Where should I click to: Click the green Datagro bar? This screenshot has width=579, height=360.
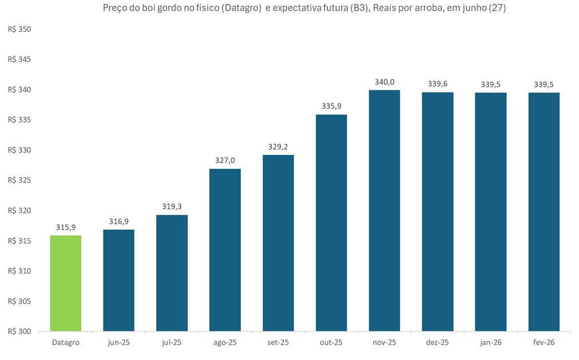point(66,283)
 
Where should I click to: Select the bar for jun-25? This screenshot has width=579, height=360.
point(118,280)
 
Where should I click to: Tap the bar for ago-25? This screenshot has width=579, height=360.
point(225,250)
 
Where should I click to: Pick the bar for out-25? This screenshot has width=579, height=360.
point(331,223)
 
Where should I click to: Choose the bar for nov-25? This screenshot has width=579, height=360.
point(384,211)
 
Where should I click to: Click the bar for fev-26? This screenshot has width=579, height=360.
point(544,212)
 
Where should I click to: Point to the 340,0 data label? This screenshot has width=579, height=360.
point(384,82)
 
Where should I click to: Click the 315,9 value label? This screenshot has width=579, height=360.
point(66,227)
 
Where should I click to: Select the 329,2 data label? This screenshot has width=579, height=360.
point(278,147)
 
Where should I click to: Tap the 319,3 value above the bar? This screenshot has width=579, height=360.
point(172,207)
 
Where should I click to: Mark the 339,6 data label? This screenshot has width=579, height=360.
point(438,84)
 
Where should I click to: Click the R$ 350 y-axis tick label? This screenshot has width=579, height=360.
point(19,29)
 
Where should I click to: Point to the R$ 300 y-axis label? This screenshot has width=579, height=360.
point(19,331)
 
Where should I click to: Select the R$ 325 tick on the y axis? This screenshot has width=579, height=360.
point(19,180)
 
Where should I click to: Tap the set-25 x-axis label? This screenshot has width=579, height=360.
point(278,342)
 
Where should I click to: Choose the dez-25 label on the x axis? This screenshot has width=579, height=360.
point(438,342)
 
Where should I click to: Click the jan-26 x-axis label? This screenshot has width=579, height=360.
point(491,342)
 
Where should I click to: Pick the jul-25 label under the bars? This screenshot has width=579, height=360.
point(172,342)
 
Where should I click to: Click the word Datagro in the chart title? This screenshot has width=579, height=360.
point(242,8)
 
